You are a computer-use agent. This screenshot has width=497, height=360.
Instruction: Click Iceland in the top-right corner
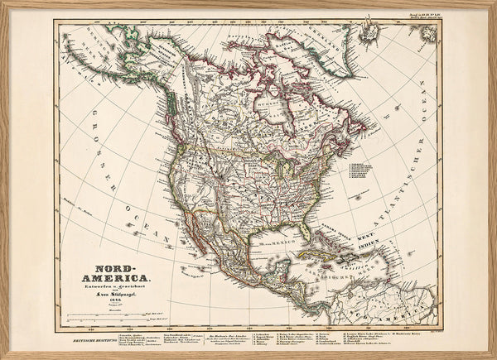click(426, 33)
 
